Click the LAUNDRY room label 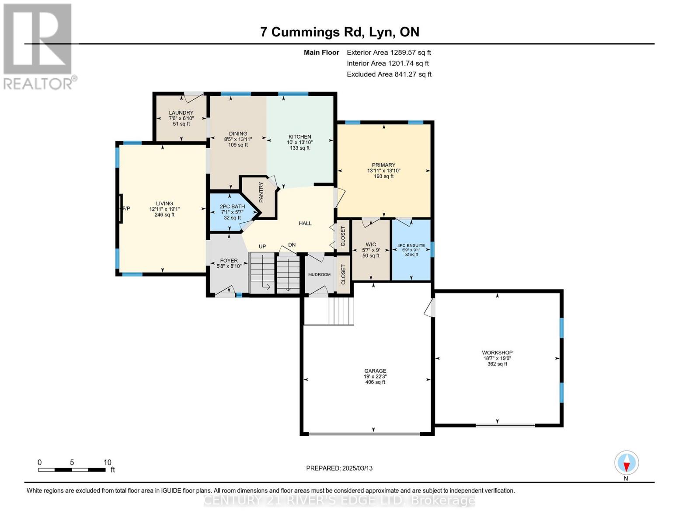(181, 113)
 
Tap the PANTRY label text (261, 192)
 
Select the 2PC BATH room (232, 212)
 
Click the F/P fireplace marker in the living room (126, 209)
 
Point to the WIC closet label (371, 245)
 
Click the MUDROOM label (319, 274)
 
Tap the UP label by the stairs (262, 246)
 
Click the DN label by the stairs (292, 245)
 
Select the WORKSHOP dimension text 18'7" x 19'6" (497, 358)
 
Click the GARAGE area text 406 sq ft (375, 382)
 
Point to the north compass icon (627, 463)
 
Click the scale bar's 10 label (108, 462)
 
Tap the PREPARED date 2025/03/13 (339, 468)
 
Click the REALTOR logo (38, 46)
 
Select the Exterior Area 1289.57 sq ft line (389, 52)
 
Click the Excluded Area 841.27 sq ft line (389, 74)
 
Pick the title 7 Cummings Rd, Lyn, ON (340, 32)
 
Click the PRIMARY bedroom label (383, 165)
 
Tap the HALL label (305, 224)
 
